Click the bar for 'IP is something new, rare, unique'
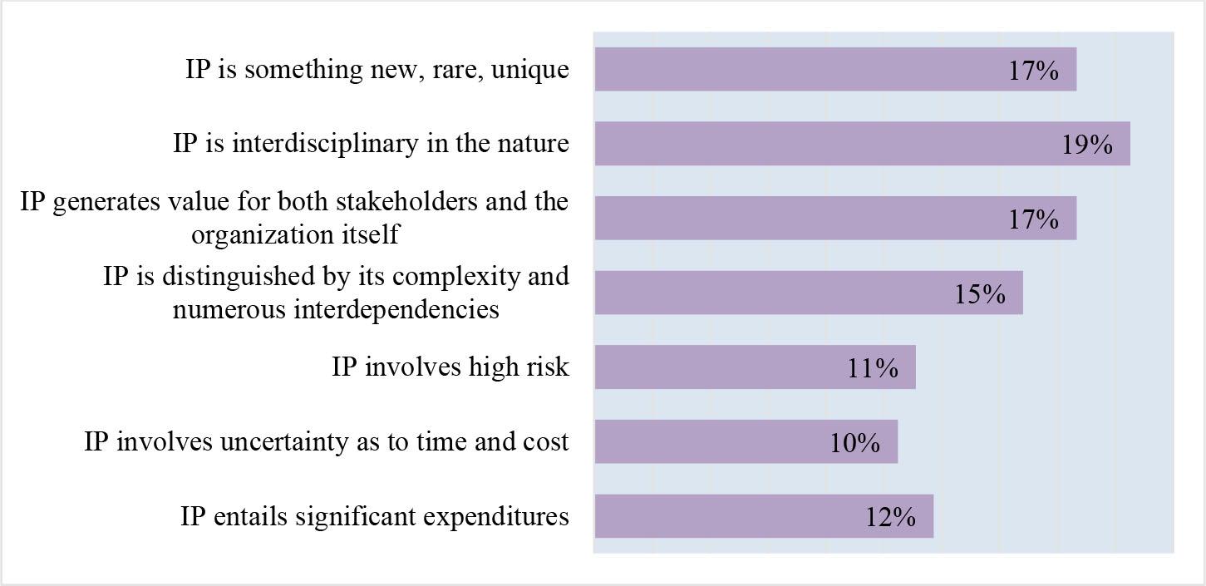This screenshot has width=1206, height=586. [x=835, y=69]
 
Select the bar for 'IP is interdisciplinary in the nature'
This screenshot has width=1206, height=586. [x=862, y=143]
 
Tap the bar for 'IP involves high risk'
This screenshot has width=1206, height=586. [x=755, y=367]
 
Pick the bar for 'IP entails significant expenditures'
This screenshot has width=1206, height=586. [x=764, y=516]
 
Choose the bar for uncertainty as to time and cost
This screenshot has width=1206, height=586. [x=746, y=441]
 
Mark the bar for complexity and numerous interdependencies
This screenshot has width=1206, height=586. [x=808, y=293]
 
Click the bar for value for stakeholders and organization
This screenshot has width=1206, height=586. [x=835, y=218]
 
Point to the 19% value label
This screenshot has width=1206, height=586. [x=1087, y=145]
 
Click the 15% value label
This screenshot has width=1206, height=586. [x=980, y=294]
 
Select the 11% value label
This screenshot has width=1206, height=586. [x=873, y=368]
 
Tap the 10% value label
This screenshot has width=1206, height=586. [x=854, y=443]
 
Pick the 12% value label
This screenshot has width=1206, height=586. [x=890, y=518]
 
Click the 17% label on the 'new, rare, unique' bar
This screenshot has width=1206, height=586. [x=1033, y=71]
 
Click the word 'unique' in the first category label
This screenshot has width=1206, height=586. [x=529, y=70]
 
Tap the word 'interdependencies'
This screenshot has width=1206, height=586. [x=397, y=309]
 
